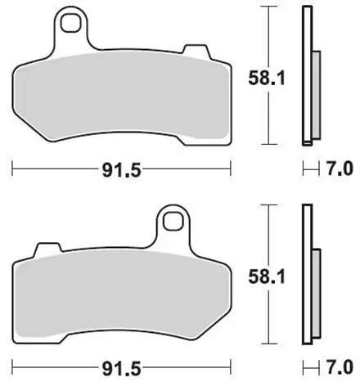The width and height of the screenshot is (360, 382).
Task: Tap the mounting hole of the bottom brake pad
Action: click(x=173, y=220)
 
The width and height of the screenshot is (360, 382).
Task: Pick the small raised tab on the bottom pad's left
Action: click(x=47, y=248)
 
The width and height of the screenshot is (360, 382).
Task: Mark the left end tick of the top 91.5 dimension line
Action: click(x=12, y=171)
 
